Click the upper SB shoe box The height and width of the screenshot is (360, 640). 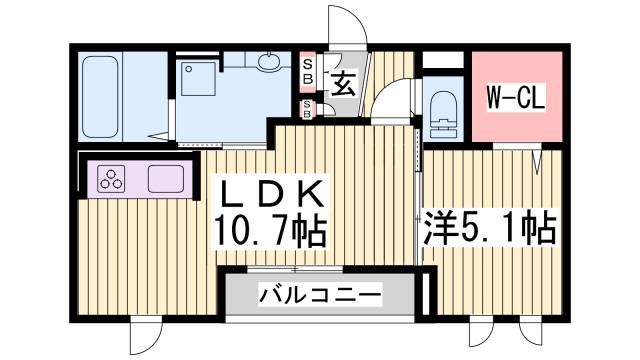click(308, 71)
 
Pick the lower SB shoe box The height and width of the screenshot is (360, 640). click(308, 108)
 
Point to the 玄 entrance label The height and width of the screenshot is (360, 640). click(342, 83)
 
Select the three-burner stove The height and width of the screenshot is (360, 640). click(111, 180)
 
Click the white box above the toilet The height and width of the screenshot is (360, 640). click(441, 60)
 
